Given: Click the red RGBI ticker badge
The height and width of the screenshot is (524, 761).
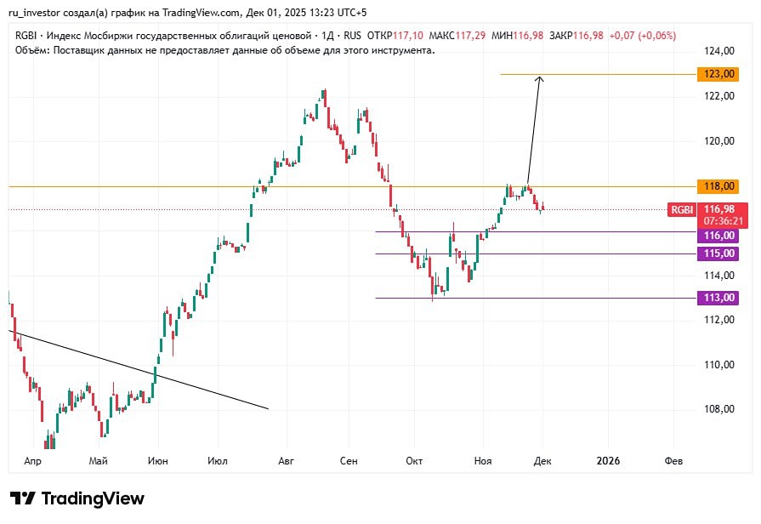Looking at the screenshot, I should click(x=682, y=210).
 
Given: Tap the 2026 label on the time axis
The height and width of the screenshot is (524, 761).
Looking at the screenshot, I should click(x=608, y=461).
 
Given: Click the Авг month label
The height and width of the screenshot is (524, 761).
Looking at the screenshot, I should click(x=287, y=461).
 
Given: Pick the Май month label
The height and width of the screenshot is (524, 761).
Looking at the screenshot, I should click(x=98, y=461).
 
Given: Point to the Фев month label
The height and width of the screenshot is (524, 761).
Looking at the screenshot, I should click(x=673, y=461).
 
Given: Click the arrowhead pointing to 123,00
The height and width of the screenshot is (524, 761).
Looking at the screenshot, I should click(x=539, y=79).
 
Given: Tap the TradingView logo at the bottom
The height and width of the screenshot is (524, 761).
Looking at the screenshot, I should click(x=77, y=498).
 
